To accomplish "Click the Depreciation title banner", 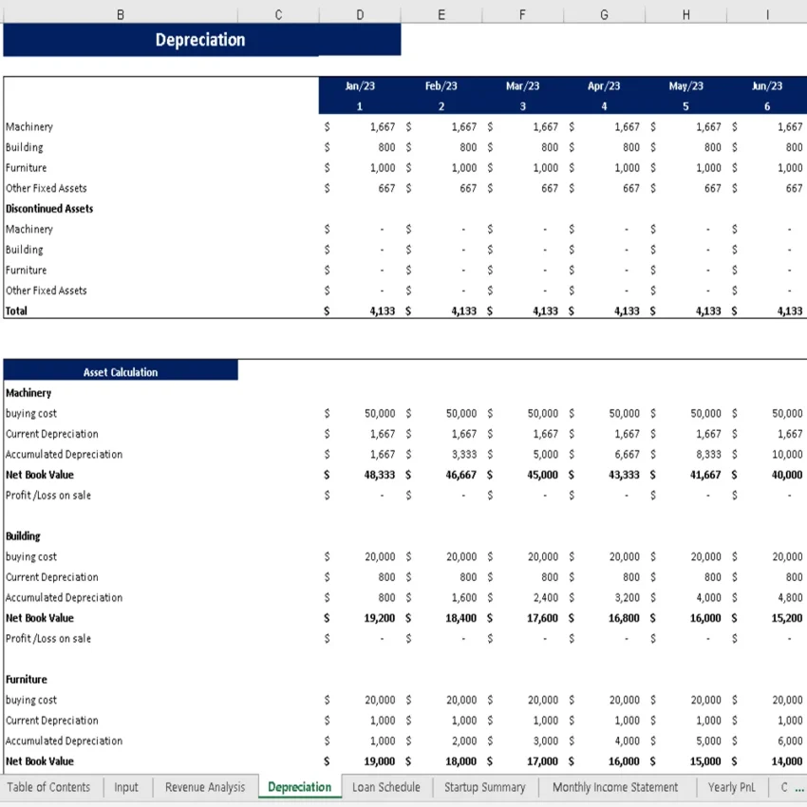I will click(x=201, y=40).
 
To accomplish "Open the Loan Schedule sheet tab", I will click(x=385, y=787).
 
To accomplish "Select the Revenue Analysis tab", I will click(x=205, y=787).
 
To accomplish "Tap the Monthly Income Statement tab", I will click(x=615, y=787).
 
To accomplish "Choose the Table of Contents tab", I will click(x=48, y=787).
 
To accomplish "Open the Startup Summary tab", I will click(x=484, y=787).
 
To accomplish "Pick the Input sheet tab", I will click(x=126, y=787).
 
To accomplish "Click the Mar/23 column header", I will click(x=522, y=86).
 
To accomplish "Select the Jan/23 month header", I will click(x=360, y=86).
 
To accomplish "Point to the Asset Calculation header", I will click(x=121, y=372).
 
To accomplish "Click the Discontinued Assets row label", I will click(x=49, y=209).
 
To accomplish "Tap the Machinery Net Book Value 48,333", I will click(x=380, y=475).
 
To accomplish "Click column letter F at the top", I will click(x=523, y=14).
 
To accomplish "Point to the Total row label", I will click(x=17, y=311).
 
